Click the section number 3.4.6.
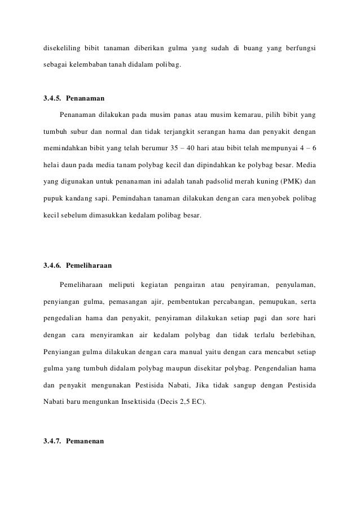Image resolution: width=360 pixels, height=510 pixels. point(52,264)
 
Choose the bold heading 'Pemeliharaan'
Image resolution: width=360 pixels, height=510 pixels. point(90,264)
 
